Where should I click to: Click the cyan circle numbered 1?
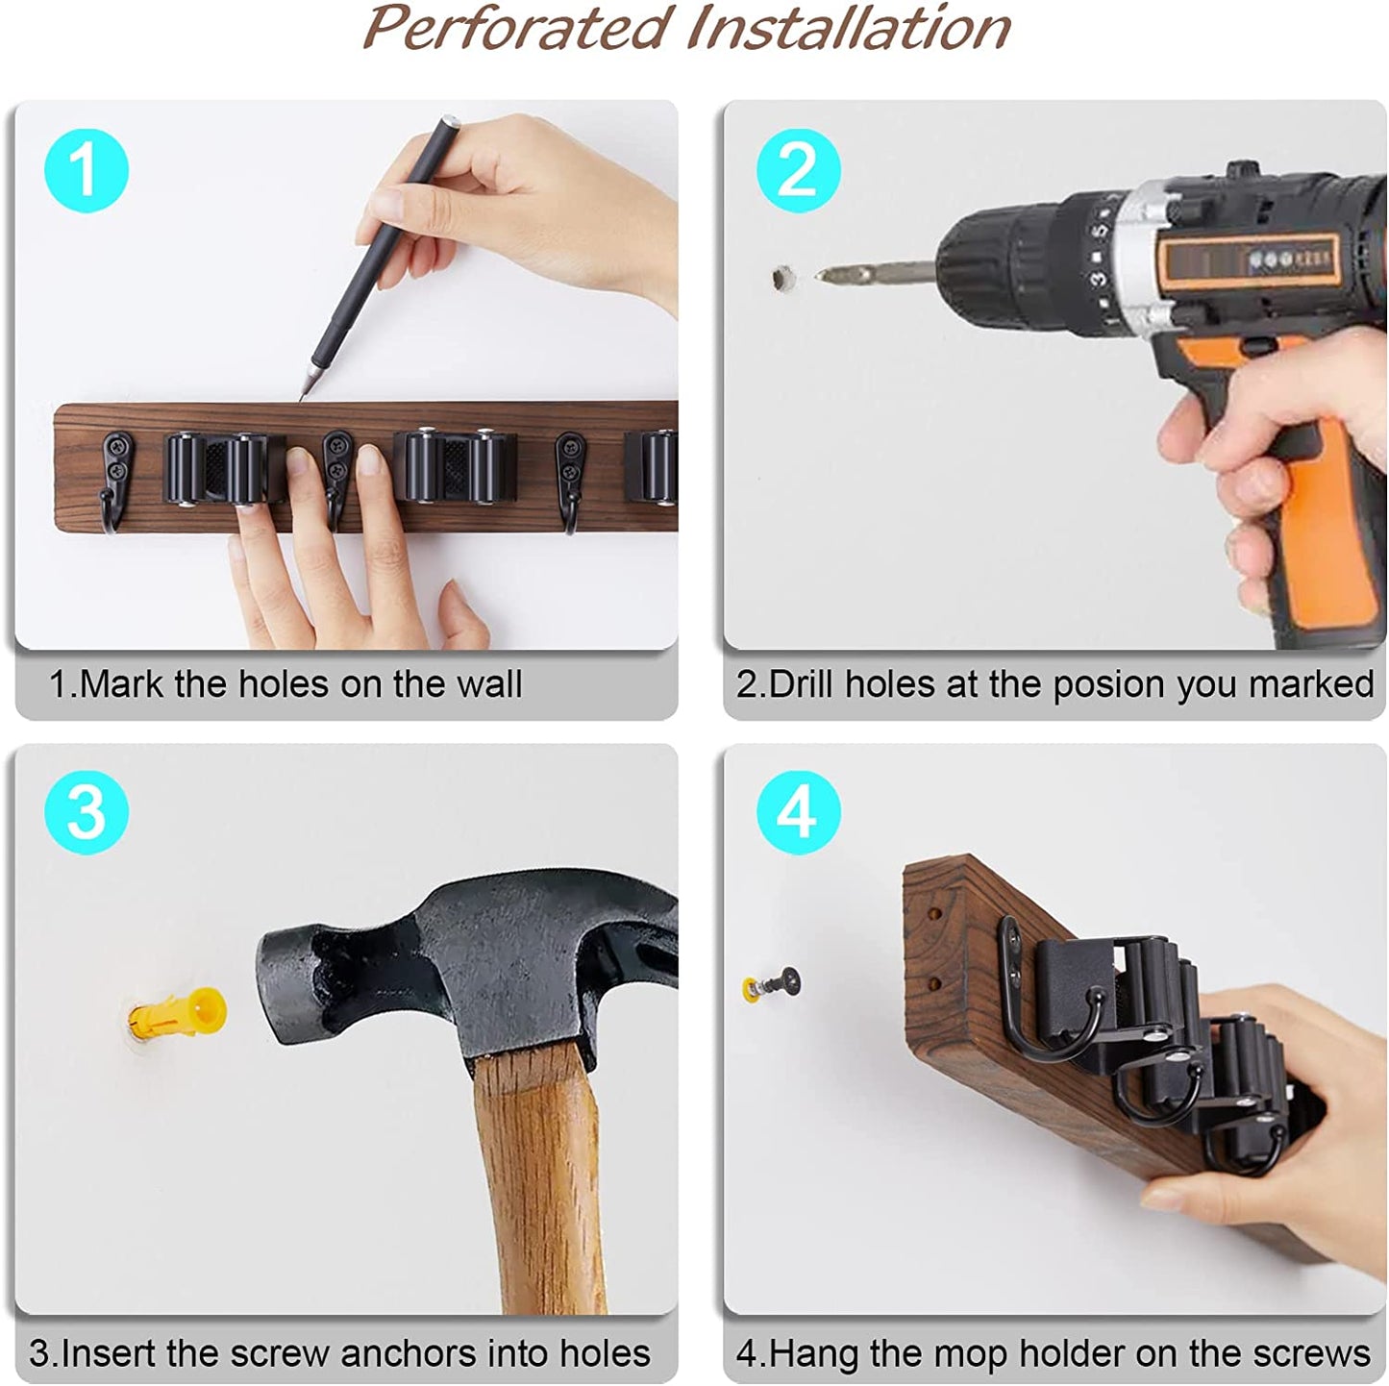[x=87, y=170]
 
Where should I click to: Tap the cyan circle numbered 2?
[x=798, y=170]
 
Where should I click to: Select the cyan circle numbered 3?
[x=87, y=812]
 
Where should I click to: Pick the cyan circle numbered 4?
[x=798, y=812]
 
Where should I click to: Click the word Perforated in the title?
[x=516, y=29]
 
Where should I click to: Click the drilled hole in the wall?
[x=782, y=278]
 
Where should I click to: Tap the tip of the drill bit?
[x=817, y=276]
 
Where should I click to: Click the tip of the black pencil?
[x=301, y=399]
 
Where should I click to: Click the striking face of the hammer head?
[x=272, y=985]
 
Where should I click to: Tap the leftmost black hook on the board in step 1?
[x=116, y=480]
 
